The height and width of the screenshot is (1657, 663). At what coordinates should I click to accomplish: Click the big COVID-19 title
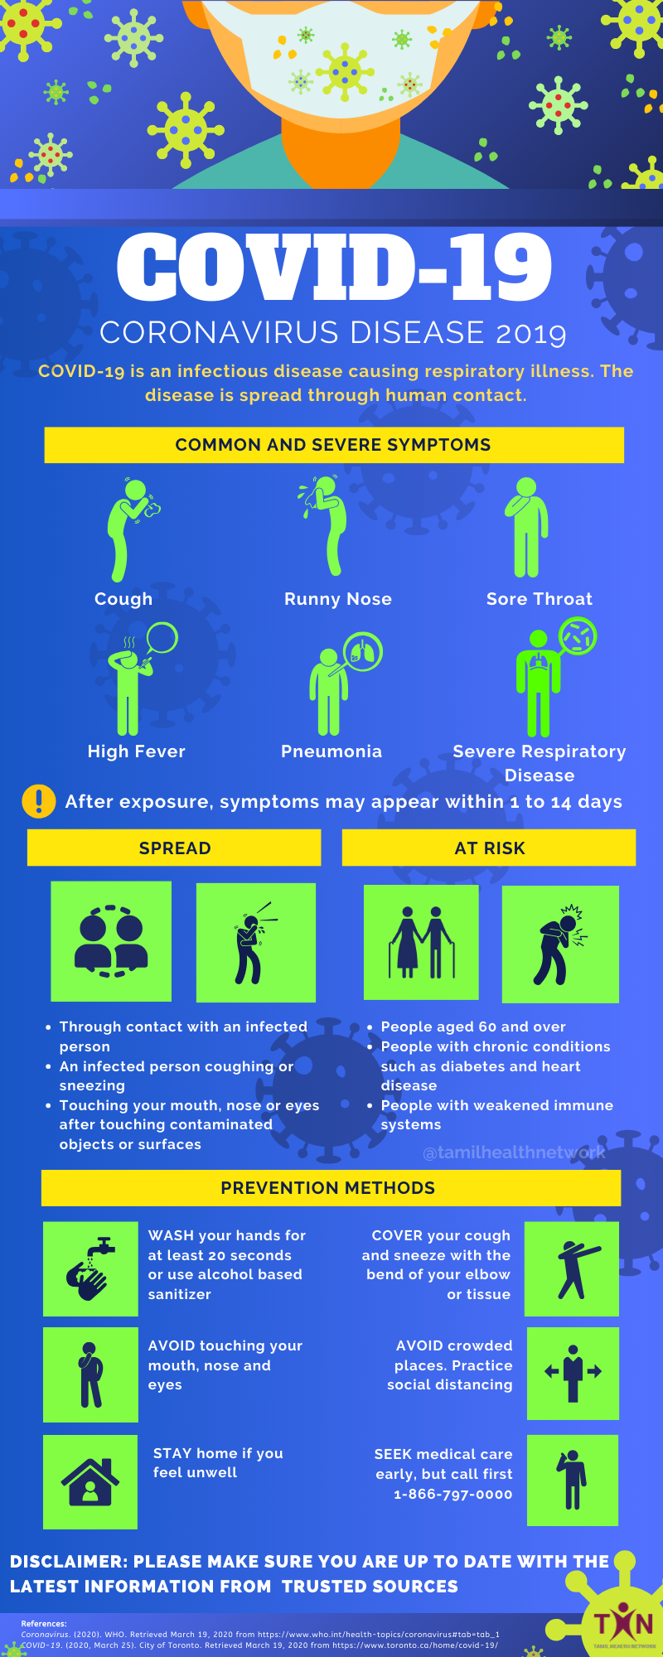point(334,267)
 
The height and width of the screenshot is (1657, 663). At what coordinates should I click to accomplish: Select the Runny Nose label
point(338,599)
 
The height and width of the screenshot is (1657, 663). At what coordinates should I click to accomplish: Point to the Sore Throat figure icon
point(526,529)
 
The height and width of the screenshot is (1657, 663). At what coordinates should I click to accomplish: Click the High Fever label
point(137,751)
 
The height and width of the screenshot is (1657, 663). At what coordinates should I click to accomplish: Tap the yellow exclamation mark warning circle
point(39,801)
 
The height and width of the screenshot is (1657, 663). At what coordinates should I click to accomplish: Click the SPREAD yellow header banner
point(174,848)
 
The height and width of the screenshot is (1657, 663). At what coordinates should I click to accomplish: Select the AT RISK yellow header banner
point(489,848)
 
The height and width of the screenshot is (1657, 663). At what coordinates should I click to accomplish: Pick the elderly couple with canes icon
point(421,942)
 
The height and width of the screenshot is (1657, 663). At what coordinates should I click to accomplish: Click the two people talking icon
point(111,941)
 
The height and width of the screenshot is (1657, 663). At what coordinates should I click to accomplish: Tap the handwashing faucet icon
point(90,1268)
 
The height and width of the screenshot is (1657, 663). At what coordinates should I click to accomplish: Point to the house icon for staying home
point(90,1482)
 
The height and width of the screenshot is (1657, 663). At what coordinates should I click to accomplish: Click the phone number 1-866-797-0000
point(452,1495)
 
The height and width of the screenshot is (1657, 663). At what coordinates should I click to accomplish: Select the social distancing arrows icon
point(573,1373)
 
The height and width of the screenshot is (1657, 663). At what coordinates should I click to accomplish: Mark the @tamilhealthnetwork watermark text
point(514,1152)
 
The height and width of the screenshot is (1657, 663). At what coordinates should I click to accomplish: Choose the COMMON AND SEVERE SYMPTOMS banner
point(333,445)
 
